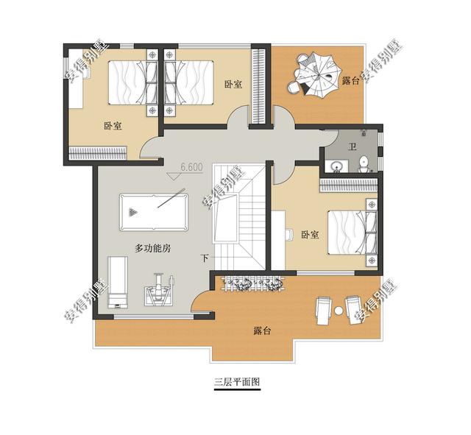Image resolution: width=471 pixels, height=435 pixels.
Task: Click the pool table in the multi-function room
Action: coord(154,212)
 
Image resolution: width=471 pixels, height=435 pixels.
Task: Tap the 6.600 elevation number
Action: coord(191,167)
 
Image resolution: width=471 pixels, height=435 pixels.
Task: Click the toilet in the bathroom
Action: coord(364,164)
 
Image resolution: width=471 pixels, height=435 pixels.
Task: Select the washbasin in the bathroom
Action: coord(337,166)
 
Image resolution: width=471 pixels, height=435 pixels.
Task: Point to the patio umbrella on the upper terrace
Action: coord(319,74)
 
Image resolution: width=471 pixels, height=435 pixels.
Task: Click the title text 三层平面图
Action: coord(237,382)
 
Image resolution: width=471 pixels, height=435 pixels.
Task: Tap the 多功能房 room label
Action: coord(153,249)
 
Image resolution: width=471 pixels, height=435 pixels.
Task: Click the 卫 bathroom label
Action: coord(352,147)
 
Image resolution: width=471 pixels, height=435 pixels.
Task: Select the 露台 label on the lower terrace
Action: coord(262,330)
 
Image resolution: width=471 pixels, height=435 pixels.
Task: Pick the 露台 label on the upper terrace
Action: coord(350,80)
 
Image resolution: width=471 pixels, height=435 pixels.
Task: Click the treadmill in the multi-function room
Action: coord(118,282)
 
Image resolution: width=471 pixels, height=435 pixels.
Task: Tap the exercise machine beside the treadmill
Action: coord(159,289)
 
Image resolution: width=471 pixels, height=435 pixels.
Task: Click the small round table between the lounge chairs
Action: coord(339,310)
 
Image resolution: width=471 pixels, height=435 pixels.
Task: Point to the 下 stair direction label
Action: coord(205,258)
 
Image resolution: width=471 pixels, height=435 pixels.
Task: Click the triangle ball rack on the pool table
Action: coord(133,213)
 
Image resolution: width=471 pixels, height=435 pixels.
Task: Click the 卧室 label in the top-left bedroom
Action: coord(113,126)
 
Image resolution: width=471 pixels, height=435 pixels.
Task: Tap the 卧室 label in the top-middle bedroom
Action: coord(233,84)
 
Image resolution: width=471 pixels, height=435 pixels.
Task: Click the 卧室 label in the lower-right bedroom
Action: coord(310,235)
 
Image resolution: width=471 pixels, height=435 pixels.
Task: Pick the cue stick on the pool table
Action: coord(171,198)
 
